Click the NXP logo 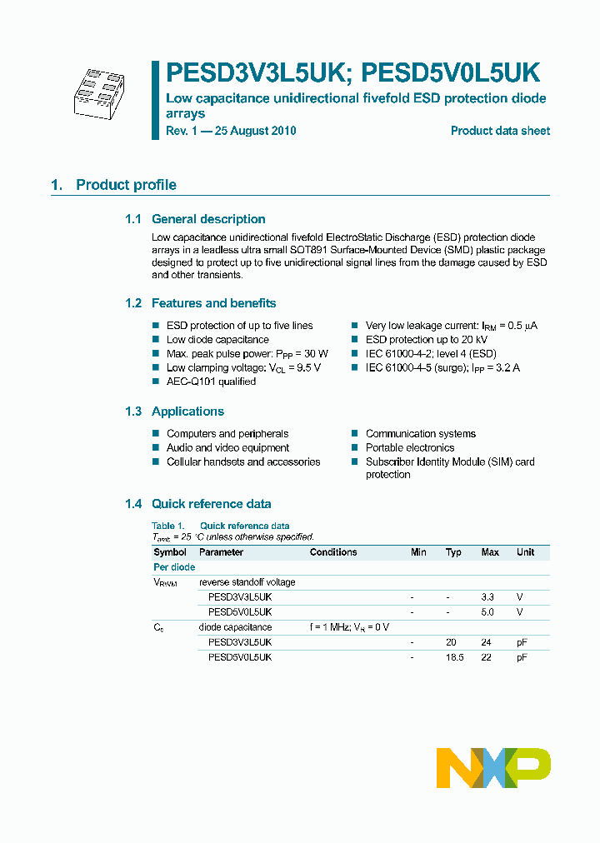coord(493,767)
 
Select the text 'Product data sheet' coord(500,131)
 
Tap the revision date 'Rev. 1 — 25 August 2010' coord(231,131)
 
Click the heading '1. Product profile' coord(113,185)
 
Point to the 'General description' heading coord(208,219)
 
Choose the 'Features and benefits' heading coord(213,303)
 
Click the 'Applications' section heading coord(187,412)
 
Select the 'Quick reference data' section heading coord(211,504)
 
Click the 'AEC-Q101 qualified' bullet coord(211,382)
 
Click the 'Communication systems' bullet coord(420,434)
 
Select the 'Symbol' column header coord(170,552)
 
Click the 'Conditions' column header coord(333,552)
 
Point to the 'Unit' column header coord(525,552)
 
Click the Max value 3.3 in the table coord(487,597)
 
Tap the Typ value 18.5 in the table coord(453,657)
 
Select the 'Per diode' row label coord(174,567)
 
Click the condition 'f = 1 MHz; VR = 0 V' coord(349,627)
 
